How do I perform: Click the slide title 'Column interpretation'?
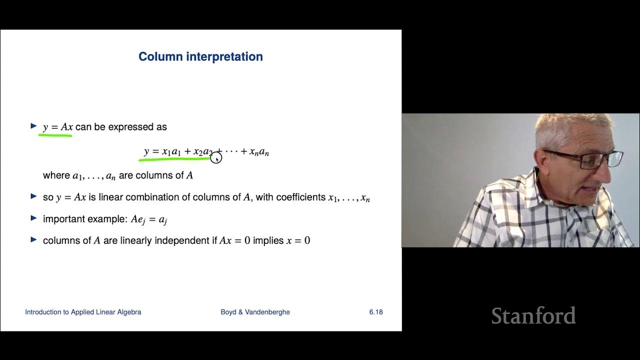(x=200, y=56)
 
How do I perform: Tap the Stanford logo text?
(x=533, y=316)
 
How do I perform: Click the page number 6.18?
(x=376, y=312)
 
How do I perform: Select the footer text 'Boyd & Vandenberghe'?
(x=255, y=312)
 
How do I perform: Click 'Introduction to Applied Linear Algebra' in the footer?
(x=83, y=312)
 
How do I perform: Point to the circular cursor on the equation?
(x=216, y=158)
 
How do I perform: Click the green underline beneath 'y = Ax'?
(x=55, y=134)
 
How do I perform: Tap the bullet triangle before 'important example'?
(x=33, y=218)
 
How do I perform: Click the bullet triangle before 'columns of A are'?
(x=33, y=240)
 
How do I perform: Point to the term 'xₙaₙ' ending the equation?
(x=259, y=152)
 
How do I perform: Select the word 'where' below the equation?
(x=56, y=175)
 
